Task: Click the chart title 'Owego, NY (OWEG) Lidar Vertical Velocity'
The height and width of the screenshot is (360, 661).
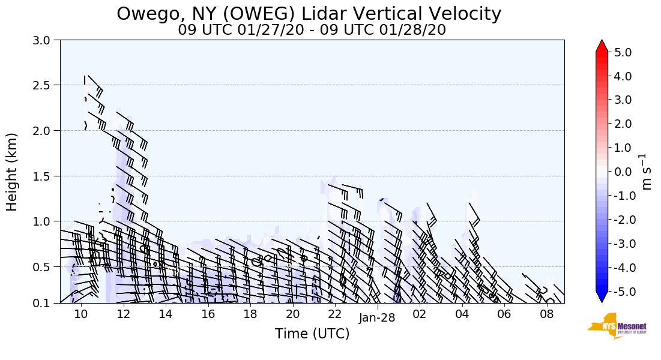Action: (309, 13)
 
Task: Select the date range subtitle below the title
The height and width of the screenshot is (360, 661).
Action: (312, 30)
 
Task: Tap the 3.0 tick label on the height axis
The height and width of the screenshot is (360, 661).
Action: (45, 40)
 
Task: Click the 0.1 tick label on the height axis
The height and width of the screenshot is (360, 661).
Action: (45, 304)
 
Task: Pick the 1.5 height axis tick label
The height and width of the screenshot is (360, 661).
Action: (45, 176)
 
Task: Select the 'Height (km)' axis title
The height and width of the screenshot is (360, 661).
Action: (12, 172)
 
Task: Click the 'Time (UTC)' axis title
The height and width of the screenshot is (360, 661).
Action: (312, 334)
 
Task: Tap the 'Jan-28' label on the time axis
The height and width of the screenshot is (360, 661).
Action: (377, 318)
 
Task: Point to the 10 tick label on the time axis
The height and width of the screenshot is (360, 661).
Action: (81, 314)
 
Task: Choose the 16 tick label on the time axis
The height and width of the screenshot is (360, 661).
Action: (208, 314)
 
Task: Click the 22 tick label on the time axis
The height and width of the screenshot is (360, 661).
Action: (335, 314)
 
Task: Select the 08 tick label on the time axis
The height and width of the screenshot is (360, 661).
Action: (546, 314)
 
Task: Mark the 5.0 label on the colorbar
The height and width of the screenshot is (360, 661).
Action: (623, 52)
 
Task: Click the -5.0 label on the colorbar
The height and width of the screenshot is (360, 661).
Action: (621, 292)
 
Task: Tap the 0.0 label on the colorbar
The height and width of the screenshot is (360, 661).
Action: (623, 172)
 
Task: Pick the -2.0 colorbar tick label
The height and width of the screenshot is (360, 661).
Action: (621, 220)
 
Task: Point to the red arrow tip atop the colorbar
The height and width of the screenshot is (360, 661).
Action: (602, 44)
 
